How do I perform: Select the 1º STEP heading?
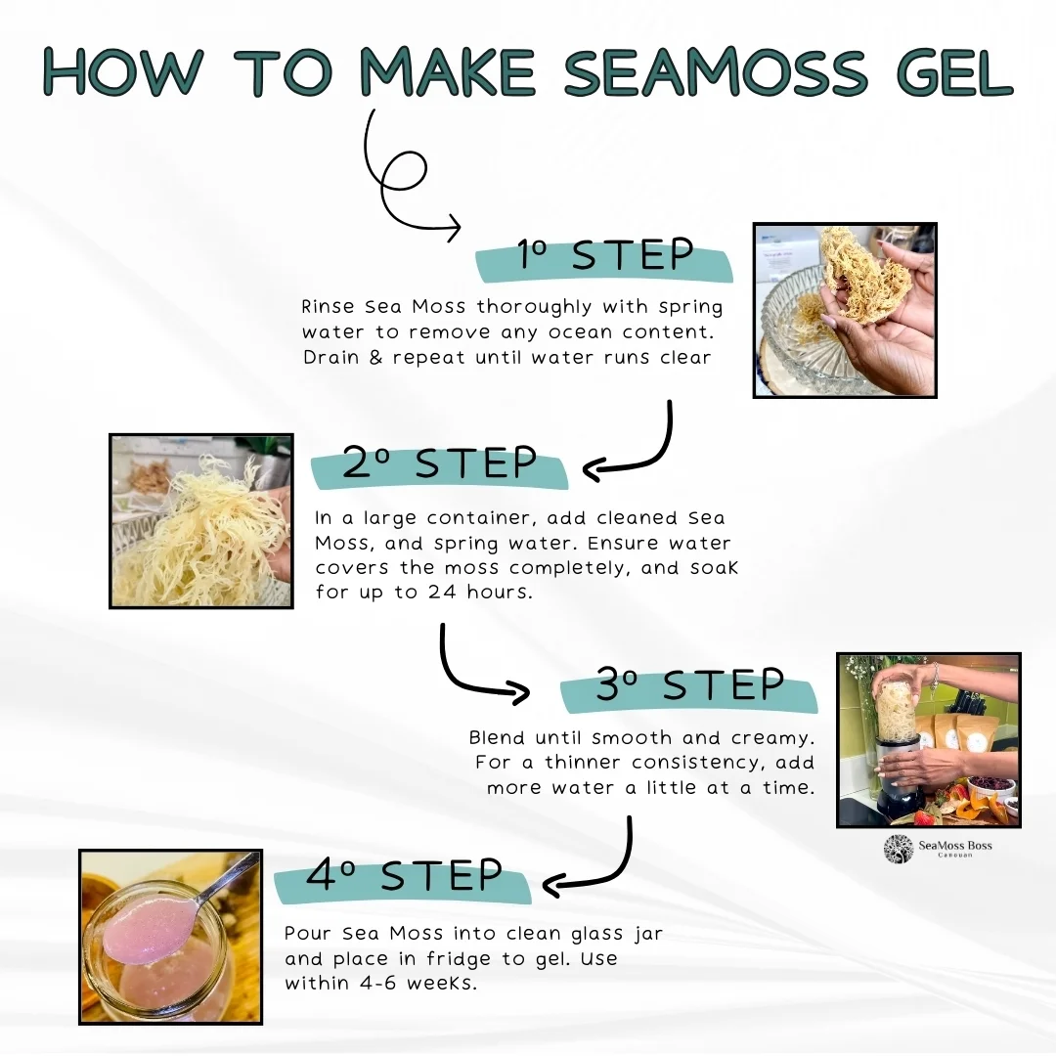[605, 256]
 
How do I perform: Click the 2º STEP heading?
[439, 464]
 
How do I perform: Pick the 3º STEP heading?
[689, 685]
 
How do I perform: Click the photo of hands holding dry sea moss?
[845, 309]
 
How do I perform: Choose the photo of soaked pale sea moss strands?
[200, 521]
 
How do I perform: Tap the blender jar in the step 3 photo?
[899, 714]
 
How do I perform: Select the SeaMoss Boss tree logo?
[899, 849]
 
